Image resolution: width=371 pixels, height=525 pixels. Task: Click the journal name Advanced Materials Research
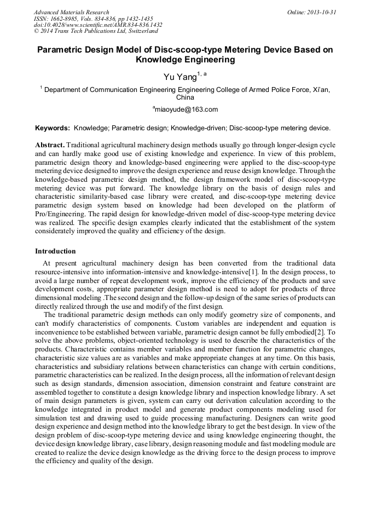pos(71,12)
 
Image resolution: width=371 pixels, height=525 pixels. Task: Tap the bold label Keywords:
pos(52,128)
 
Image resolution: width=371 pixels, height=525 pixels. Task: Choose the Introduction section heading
pos(55,251)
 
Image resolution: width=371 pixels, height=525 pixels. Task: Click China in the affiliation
pos(185,97)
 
